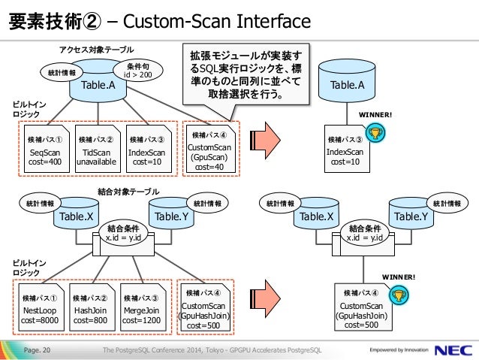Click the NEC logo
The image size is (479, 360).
[453, 350]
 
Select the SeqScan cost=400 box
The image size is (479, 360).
[47, 149]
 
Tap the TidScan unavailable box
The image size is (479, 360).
[98, 149]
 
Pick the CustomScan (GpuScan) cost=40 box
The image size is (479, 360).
[211, 149]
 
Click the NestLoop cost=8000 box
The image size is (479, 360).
[41, 307]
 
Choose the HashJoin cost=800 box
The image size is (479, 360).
[92, 307]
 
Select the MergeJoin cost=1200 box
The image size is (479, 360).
[143, 307]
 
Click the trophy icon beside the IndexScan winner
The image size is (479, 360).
[375, 133]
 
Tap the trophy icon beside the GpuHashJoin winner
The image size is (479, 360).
[399, 295]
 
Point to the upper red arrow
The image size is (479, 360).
[265, 141]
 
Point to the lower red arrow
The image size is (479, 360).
[265, 299]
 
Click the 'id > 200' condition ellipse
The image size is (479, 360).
[138, 71]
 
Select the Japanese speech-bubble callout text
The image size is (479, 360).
[246, 75]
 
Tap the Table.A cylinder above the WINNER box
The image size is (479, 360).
[347, 80]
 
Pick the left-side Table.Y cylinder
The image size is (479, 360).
[172, 213]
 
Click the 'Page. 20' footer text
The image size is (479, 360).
[37, 350]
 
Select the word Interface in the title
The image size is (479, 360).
[273, 21]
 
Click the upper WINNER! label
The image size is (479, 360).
[375, 115]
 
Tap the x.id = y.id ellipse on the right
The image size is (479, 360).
[365, 233]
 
